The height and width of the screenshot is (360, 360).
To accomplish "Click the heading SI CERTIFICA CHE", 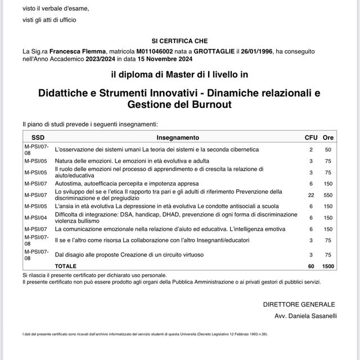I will tap(179, 41).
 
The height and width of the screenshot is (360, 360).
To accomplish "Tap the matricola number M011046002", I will tap(145, 51).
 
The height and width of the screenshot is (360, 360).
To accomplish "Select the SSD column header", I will tap(38, 137).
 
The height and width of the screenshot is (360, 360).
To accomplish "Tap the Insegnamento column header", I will tap(177, 137).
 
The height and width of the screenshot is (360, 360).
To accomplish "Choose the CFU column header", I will tap(311, 137).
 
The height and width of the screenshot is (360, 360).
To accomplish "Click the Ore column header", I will tap(328, 137).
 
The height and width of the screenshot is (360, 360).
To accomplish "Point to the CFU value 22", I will tap(311, 195).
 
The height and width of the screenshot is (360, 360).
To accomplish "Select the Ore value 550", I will tap(328, 195).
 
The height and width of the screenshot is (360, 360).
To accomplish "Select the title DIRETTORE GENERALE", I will tap(299, 304).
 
